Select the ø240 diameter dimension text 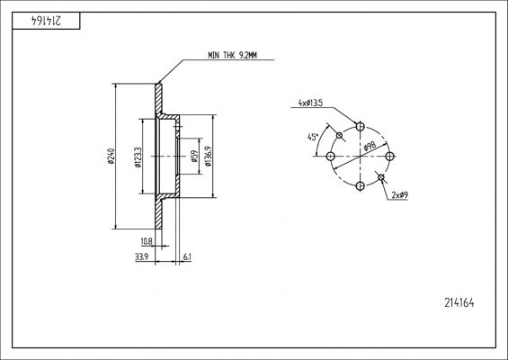tap(111, 156)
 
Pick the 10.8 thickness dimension tap(147, 241)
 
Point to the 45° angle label tap(311, 138)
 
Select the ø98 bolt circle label tap(369, 148)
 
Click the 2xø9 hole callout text tap(402, 194)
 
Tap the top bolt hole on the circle tap(360, 127)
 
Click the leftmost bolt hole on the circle tap(330, 157)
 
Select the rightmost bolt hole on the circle tap(390, 157)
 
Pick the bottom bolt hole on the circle tap(360, 186)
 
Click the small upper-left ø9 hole tap(339, 136)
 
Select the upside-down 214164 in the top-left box tap(36, 19)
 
